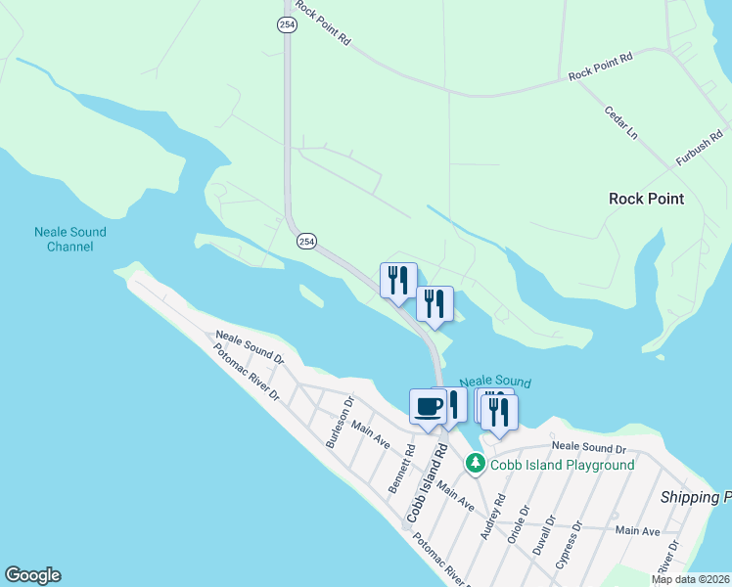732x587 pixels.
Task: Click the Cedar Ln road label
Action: [620, 122]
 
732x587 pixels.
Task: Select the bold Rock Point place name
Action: [646, 199]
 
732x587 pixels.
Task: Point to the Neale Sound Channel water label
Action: [69, 240]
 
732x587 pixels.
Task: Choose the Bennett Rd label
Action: [401, 470]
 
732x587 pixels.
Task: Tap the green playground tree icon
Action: [476, 462]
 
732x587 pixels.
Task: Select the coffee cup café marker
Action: [428, 406]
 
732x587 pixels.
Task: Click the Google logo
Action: [32, 575]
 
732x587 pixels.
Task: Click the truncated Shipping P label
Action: [695, 497]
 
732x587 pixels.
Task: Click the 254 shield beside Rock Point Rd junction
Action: [286, 25]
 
